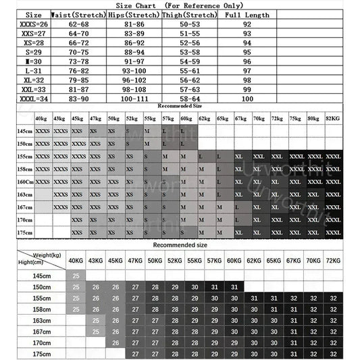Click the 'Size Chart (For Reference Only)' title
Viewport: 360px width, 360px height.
coord(180,5)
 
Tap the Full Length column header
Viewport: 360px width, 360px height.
coord(247,14)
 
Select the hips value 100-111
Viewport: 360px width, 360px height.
coord(134,99)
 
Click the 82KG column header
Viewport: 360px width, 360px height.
coord(333,118)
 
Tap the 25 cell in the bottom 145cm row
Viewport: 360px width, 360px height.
coord(76,276)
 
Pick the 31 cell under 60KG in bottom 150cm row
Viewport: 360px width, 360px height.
coord(234,287)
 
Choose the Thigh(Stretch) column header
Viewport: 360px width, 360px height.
coord(190,14)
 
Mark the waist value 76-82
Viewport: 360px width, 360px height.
coord(78,70)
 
